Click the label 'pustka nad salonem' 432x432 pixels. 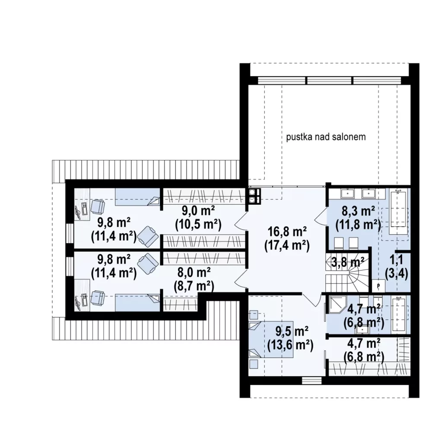click(x=326, y=137)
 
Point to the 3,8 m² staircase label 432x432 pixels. click(x=348, y=262)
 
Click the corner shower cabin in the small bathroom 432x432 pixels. click(x=336, y=305)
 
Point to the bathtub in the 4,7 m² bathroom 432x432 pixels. click(x=399, y=314)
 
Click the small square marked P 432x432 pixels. click(x=378, y=286)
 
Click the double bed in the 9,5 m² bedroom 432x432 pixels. click(x=271, y=339)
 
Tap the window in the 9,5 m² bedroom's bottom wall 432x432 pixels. click(x=311, y=381)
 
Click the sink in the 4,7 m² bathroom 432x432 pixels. click(x=363, y=329)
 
